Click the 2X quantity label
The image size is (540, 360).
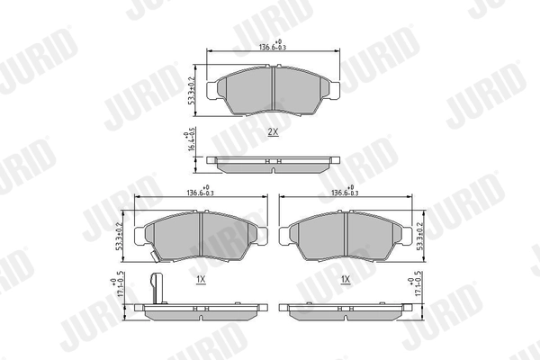coord(273,131)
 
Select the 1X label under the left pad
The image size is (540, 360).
coord(201,280)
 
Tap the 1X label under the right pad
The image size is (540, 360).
coord(346,280)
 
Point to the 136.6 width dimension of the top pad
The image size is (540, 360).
coord(273,48)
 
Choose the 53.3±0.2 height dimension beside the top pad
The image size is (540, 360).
coord(192,89)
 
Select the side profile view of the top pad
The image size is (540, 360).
coord(273,163)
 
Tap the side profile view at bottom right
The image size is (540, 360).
coord(346,310)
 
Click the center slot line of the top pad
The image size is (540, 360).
coord(273,89)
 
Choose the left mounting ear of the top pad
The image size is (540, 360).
coord(213,89)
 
